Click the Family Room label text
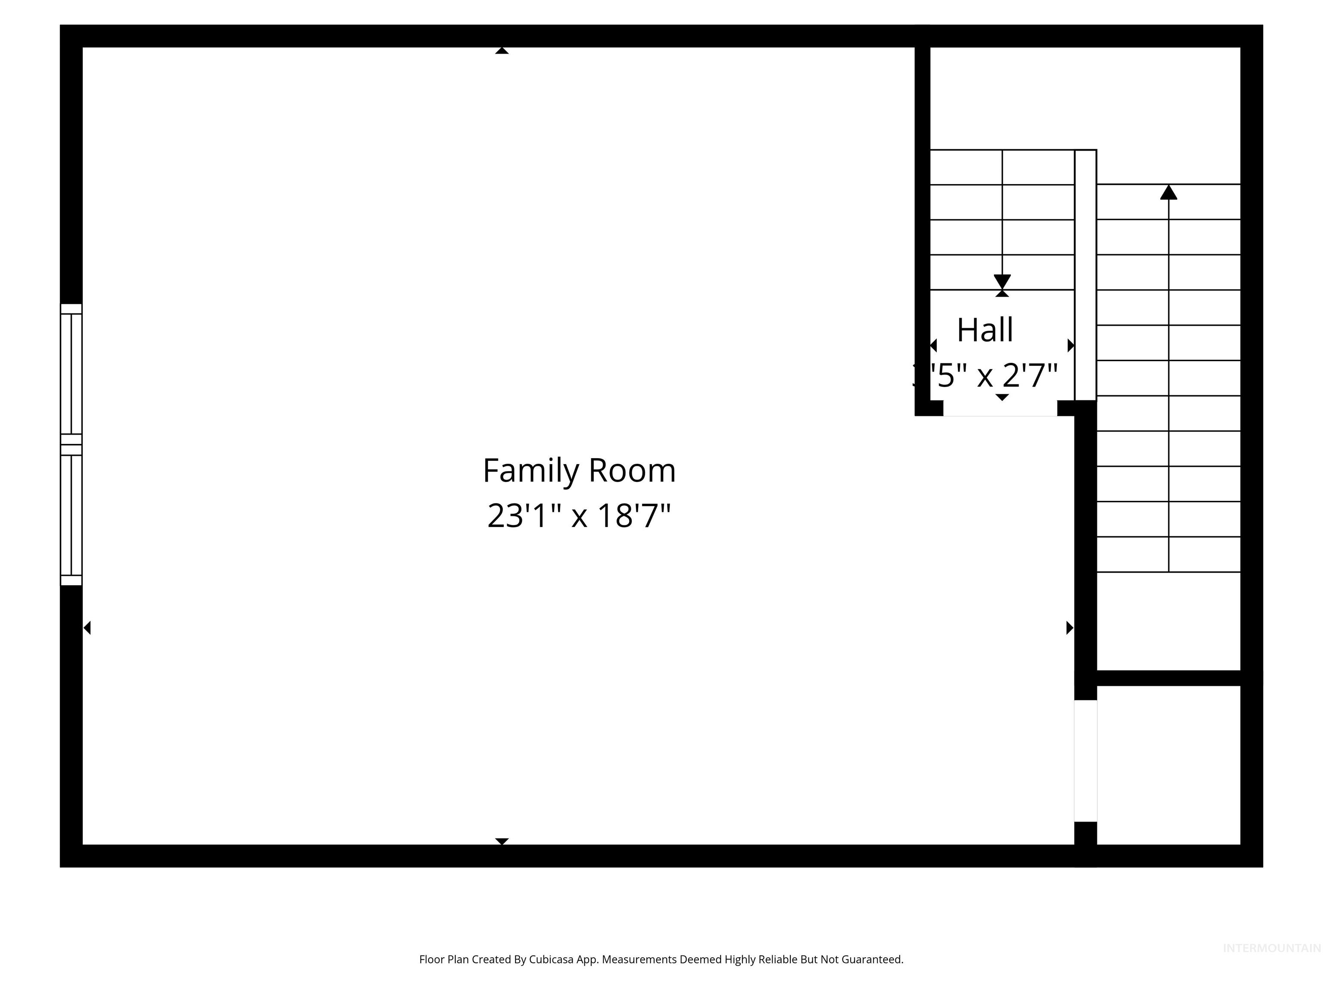pos(579,471)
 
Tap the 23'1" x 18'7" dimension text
pos(579,516)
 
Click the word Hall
pos(985,331)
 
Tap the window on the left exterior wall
pos(71,444)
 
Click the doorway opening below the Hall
pos(1000,409)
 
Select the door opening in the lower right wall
pos(1086,761)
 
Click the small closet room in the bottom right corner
pos(1168,765)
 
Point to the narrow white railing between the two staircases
pos(1086,275)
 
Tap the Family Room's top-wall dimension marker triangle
pos(502,51)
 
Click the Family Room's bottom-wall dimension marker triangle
pos(502,841)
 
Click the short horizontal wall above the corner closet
pos(1168,678)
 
